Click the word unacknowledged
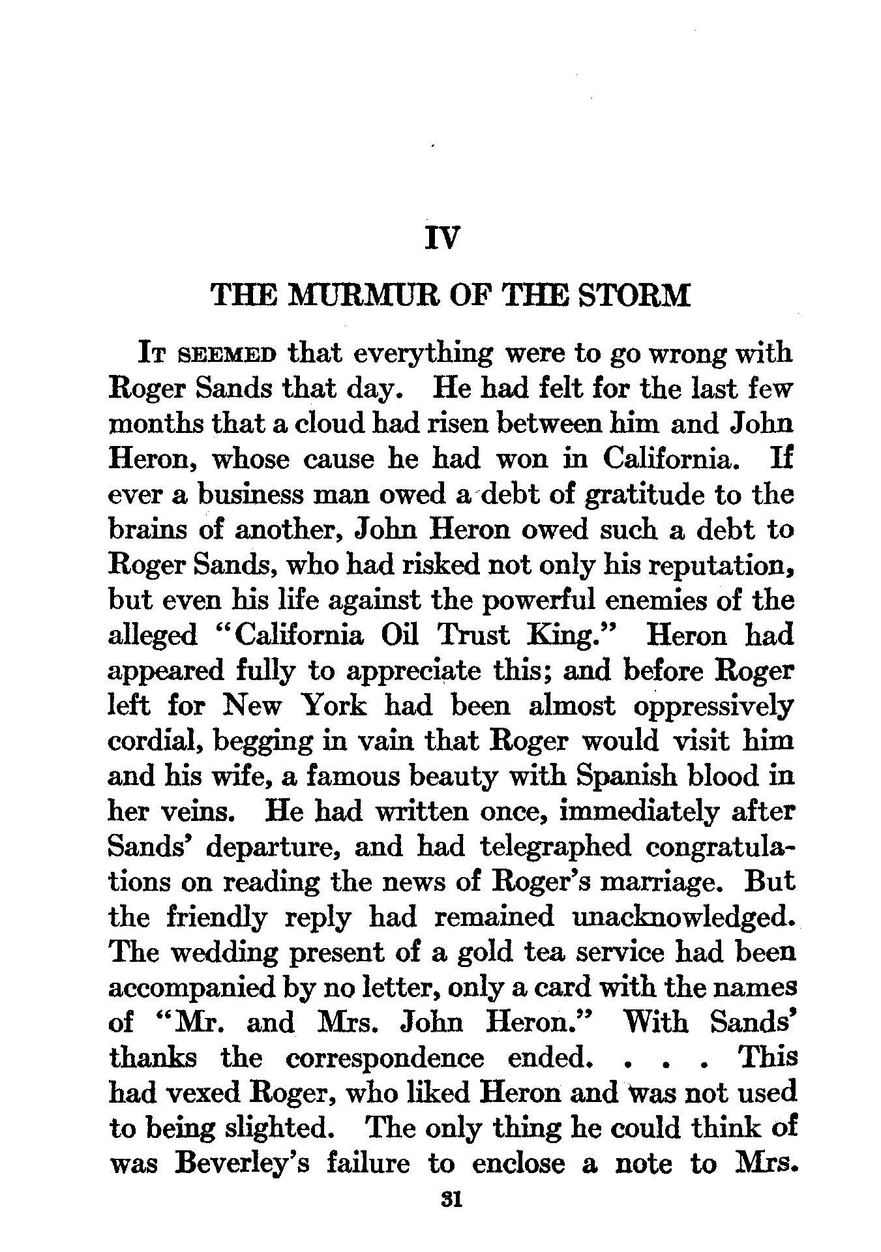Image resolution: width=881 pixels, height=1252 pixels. (682, 917)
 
